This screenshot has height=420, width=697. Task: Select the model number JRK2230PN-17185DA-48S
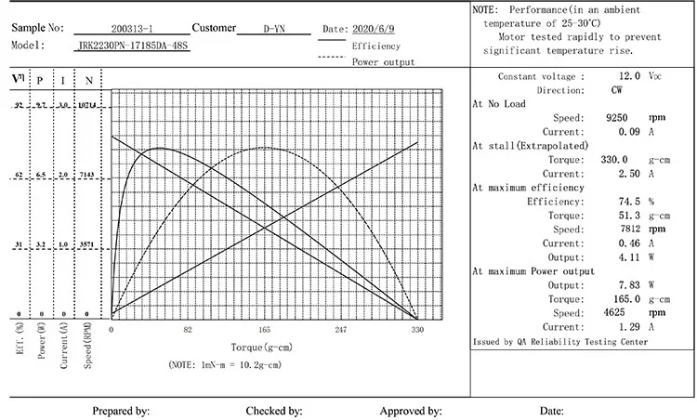(x=133, y=45)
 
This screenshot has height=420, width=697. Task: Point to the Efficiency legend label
(x=376, y=46)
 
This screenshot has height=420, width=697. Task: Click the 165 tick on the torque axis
(x=264, y=330)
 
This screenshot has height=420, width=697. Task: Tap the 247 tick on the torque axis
(x=340, y=330)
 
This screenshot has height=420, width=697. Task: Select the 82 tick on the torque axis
(x=188, y=330)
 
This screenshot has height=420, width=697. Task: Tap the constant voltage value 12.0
(x=630, y=76)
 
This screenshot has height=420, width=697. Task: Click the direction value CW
(x=617, y=90)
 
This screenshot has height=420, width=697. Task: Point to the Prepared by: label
(x=121, y=410)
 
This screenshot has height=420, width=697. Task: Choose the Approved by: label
(x=410, y=410)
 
